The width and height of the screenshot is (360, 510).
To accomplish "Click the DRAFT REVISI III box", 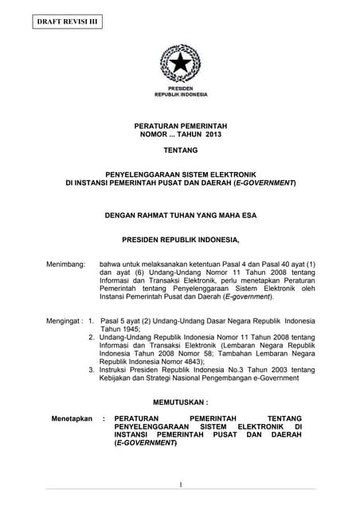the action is coord(68,22).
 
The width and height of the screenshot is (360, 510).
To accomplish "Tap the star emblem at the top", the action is coord(180,63).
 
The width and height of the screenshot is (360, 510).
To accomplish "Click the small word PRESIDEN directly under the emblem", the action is coord(180,88).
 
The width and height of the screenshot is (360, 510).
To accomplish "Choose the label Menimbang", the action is coord(65,263).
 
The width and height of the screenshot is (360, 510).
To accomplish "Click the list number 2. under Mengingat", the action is coord(92,337).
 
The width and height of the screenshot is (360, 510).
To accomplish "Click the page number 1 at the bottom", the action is coord(180,484).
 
